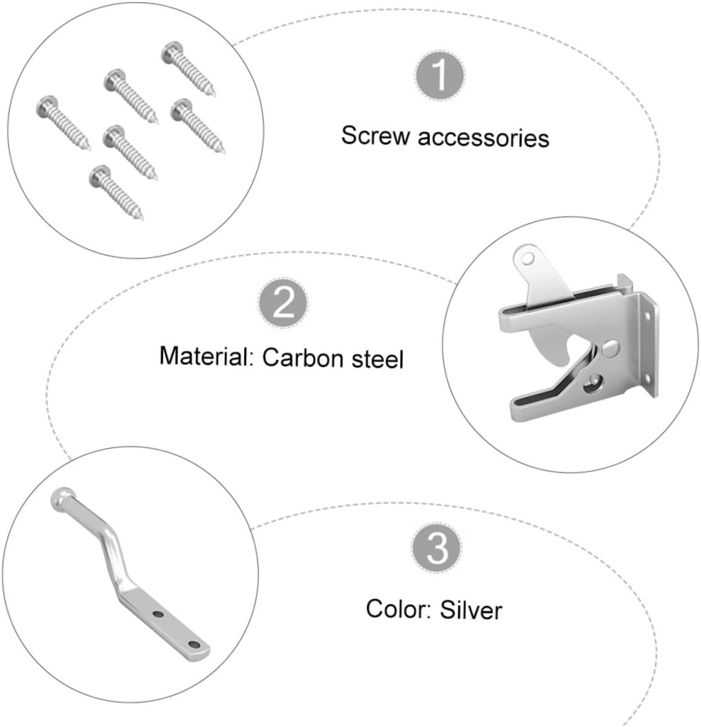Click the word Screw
[x=376, y=135]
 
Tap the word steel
[x=377, y=359]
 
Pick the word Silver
[x=470, y=609]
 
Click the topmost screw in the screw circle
[x=188, y=69]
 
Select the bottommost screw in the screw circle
[x=118, y=192]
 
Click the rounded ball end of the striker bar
[x=60, y=498]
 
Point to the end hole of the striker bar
[x=193, y=644]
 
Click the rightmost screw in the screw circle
[x=199, y=126]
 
